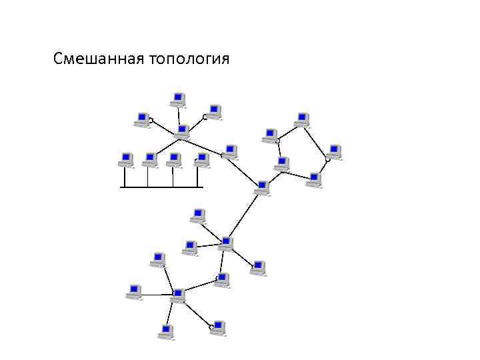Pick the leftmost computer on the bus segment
tap(125, 160)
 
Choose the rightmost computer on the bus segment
tap(201, 160)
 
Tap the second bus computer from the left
tap(150, 160)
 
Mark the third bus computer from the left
tap(175, 160)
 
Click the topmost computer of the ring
tap(302, 119)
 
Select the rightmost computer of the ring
tap(334, 152)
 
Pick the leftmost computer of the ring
tap(270, 136)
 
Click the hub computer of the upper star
tap(182, 131)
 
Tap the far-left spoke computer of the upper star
tap(142, 119)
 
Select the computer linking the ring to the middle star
tap(263, 187)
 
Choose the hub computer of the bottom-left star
tap(177, 296)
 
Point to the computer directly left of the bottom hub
tap(134, 292)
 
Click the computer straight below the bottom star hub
tap(167, 331)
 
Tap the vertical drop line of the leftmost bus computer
tap(124, 177)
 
